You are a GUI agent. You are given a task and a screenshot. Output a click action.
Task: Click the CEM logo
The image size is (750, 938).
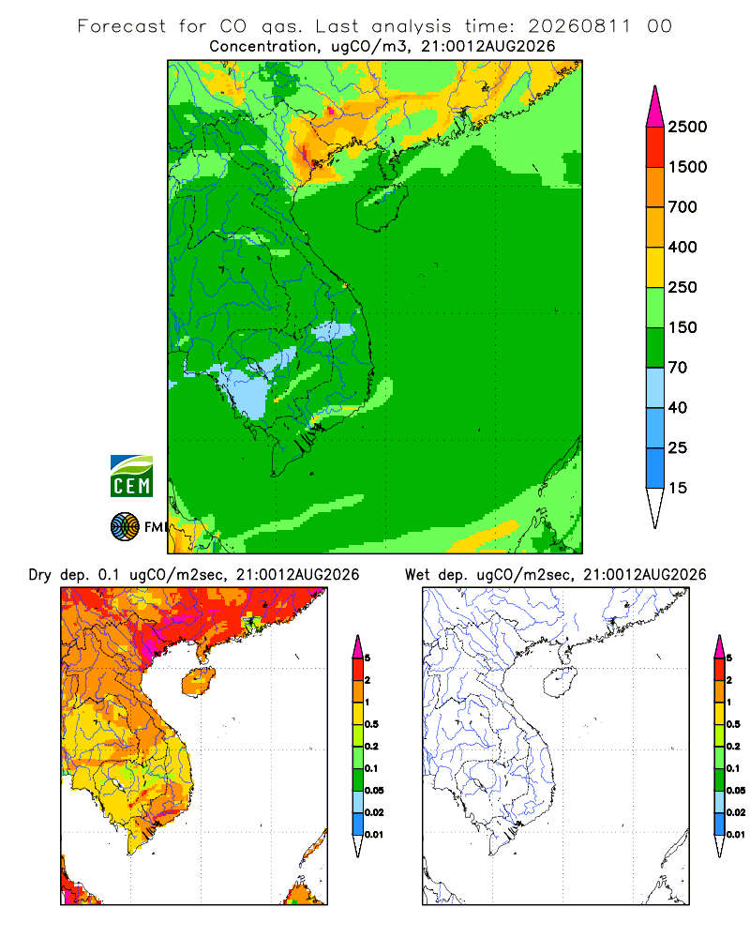pyautogui.click(x=131, y=477)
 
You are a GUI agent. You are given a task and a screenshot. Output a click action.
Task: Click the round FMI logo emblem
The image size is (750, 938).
pyautogui.click(x=125, y=527)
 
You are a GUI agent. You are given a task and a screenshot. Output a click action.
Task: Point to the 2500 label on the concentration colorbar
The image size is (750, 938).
pyautogui.click(x=687, y=127)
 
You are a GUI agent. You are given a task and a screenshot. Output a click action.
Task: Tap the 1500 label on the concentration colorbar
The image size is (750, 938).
pyautogui.click(x=687, y=167)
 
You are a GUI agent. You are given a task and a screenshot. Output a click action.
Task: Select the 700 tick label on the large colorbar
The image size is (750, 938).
pyautogui.click(x=682, y=207)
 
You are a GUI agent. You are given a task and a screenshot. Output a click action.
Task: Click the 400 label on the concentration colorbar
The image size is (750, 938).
pyautogui.click(x=682, y=247)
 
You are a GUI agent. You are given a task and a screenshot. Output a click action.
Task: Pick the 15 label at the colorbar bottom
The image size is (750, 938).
pyautogui.click(x=678, y=488)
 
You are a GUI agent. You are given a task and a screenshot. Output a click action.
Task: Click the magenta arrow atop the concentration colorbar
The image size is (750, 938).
pyautogui.click(x=655, y=107)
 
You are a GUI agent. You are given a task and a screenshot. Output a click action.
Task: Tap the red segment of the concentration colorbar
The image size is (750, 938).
pyautogui.click(x=655, y=147)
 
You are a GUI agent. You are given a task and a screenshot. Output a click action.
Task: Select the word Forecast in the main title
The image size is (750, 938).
pyautogui.click(x=122, y=26)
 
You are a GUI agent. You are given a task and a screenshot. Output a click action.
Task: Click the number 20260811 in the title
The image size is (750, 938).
pyautogui.click(x=579, y=26)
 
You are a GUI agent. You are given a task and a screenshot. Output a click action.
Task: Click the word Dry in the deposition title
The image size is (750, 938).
pyautogui.click(x=40, y=575)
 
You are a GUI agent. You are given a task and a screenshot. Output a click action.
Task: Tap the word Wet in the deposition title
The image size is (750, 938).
pyautogui.click(x=417, y=575)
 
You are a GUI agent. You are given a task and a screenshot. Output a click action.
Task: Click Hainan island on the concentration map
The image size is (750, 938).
pyautogui.click(x=382, y=206)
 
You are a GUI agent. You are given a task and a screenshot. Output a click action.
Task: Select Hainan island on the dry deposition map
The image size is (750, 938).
pyautogui.click(x=199, y=683)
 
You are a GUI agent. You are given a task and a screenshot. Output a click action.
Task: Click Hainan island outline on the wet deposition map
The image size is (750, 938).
pyautogui.click(x=562, y=683)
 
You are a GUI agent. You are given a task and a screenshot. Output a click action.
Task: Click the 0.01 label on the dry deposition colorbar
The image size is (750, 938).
pyautogui.click(x=374, y=835)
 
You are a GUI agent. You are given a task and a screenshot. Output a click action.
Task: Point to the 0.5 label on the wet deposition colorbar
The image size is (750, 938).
pyautogui.click(x=733, y=724)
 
